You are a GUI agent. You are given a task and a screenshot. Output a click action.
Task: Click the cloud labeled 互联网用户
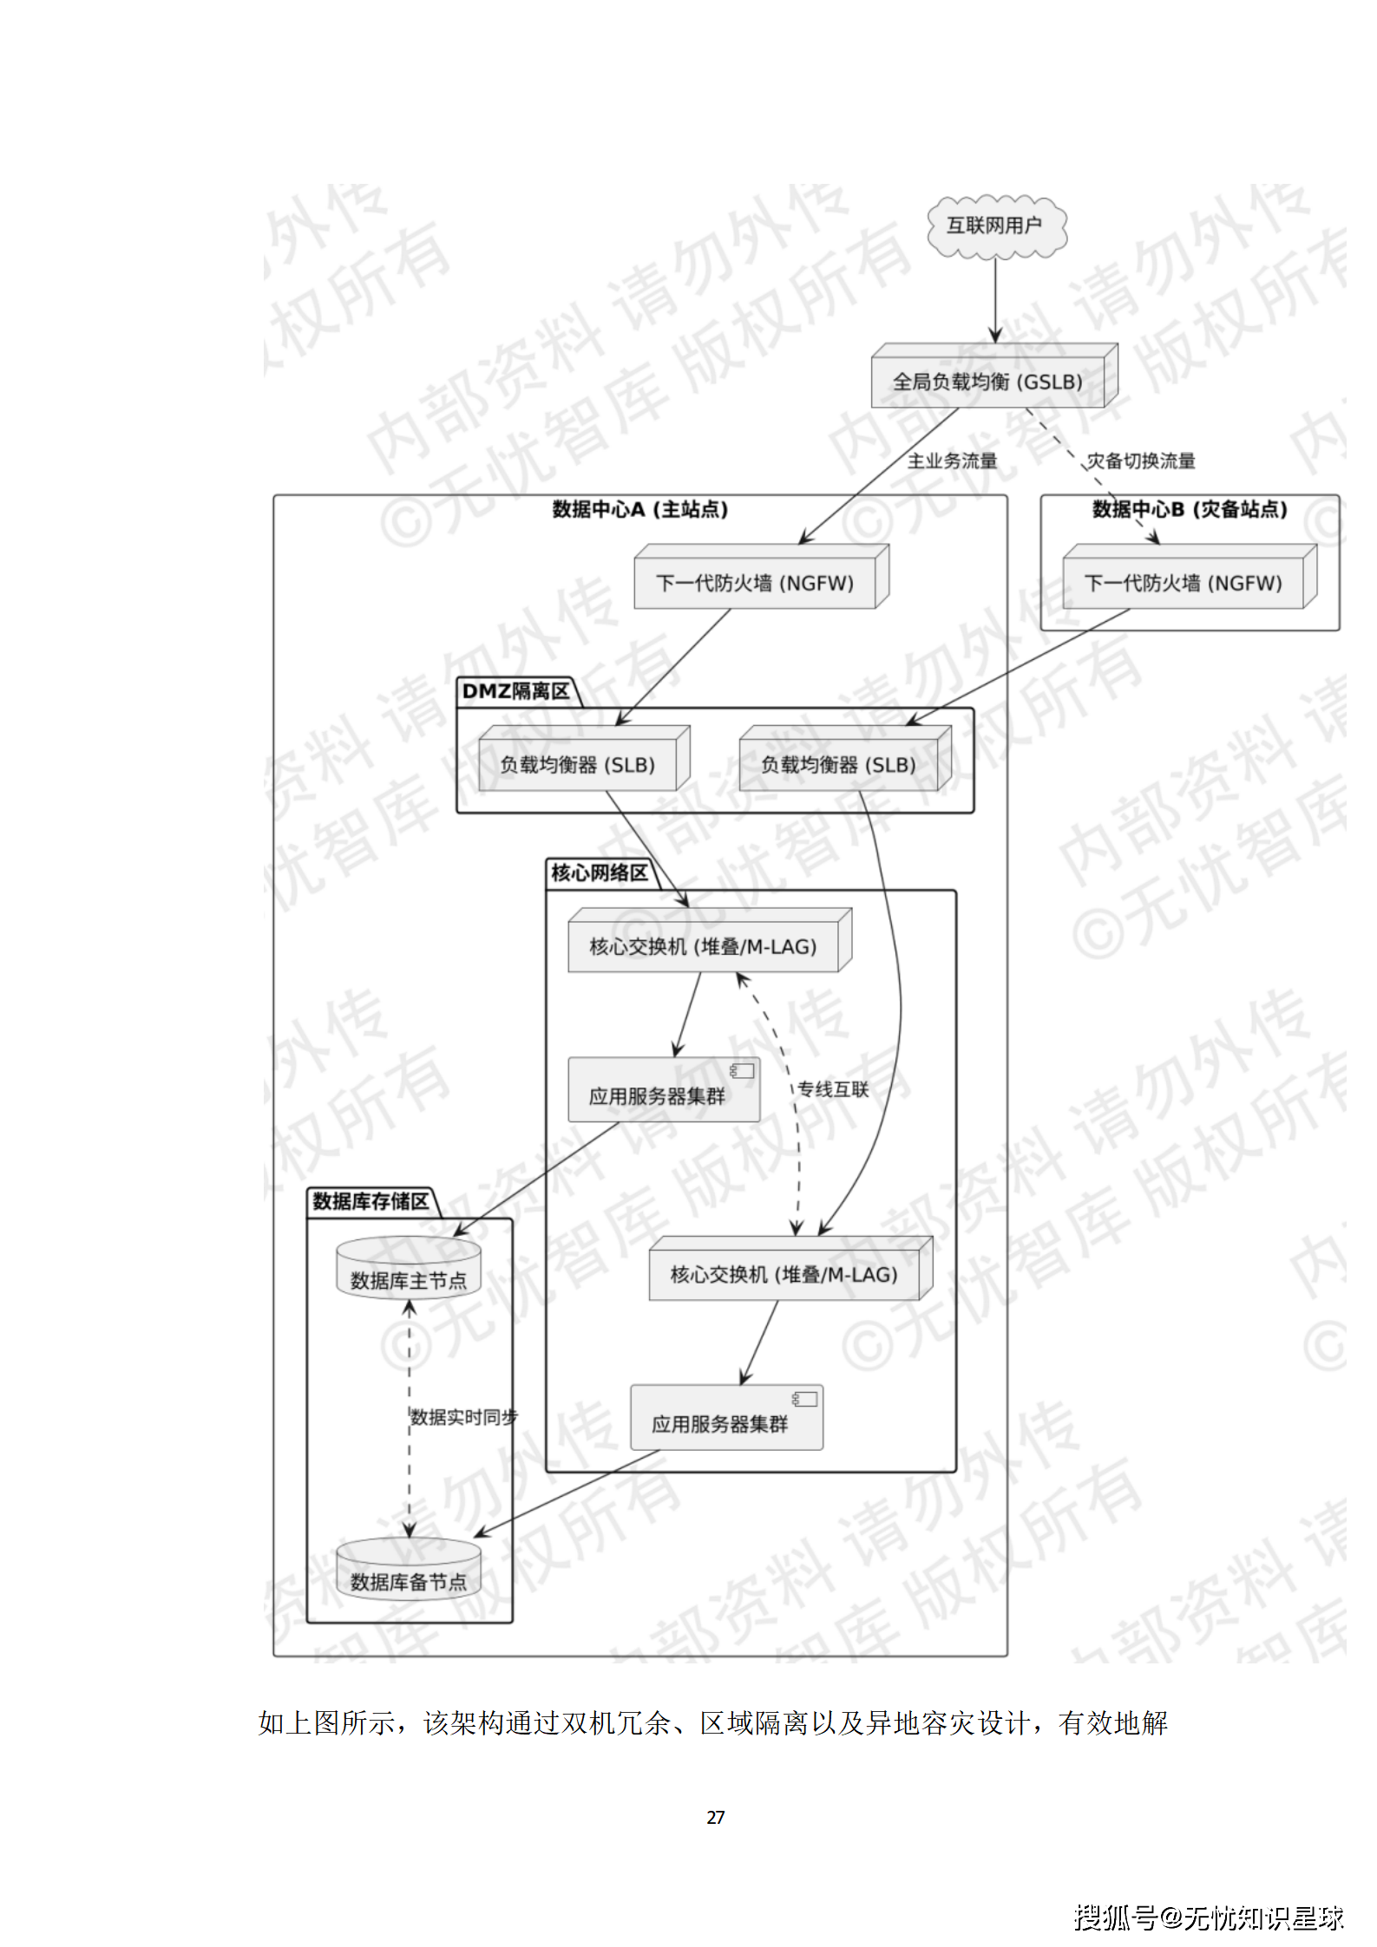(994, 226)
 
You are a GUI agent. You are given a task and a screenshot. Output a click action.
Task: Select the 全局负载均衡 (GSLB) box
(988, 382)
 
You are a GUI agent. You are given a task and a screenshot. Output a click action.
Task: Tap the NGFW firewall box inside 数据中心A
(755, 583)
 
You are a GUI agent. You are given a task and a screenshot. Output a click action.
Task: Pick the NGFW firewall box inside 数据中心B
(1184, 583)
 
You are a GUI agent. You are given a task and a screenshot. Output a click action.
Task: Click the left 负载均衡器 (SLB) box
(578, 765)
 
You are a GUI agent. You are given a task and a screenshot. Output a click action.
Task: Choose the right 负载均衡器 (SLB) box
(839, 765)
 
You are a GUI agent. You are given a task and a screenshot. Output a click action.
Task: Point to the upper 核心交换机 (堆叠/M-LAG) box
(704, 946)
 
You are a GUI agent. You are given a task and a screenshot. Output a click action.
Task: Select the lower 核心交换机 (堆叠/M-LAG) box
(784, 1274)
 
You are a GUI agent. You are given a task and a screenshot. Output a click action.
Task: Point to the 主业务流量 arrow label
(952, 461)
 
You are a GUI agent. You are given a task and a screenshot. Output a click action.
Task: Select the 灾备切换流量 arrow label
(1141, 461)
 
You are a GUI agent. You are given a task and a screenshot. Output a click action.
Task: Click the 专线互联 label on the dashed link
(833, 1089)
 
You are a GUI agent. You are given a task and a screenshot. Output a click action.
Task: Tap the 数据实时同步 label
(463, 1417)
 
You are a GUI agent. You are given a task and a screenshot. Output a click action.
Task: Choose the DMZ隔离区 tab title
(515, 691)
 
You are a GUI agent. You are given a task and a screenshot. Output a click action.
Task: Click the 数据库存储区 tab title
(371, 1201)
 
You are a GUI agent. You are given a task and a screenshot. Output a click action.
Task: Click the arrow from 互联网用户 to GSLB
(995, 299)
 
